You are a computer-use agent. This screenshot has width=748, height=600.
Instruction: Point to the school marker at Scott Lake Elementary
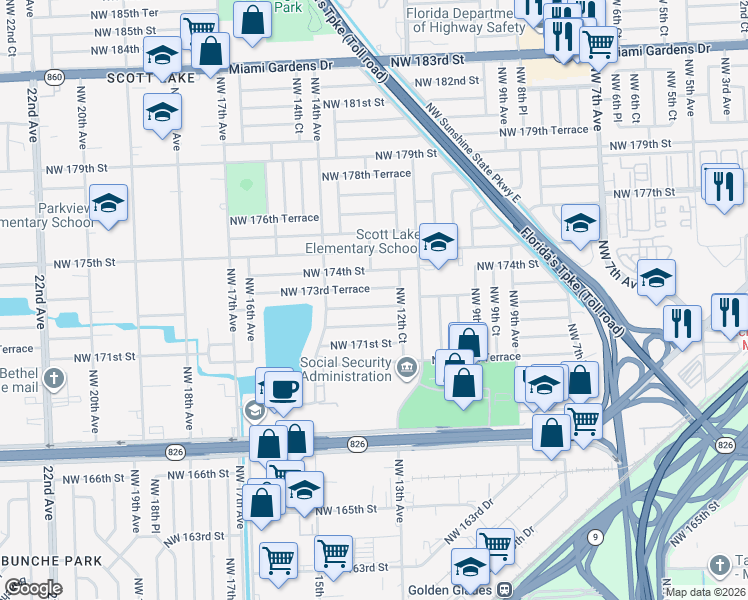coord(437,243)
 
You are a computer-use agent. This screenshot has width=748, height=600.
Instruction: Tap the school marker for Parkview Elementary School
coord(108,205)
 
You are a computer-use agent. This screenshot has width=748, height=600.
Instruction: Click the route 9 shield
coord(596,537)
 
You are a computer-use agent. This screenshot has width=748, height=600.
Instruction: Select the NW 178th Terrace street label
coord(365,175)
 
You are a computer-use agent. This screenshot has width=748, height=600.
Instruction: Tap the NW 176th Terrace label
coord(274,219)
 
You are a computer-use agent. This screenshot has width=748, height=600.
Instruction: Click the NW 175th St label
coord(85,263)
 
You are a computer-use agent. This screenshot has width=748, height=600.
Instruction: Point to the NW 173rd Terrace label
coord(325,290)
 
